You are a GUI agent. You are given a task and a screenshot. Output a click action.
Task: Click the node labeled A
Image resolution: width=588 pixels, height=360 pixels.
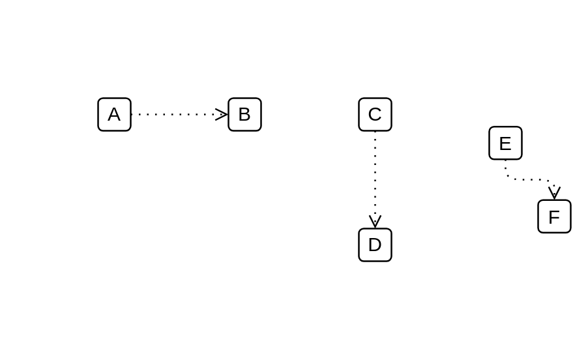pyautogui.click(x=114, y=114)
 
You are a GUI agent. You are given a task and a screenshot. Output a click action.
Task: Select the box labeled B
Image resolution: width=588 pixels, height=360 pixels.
pyautogui.click(x=244, y=114)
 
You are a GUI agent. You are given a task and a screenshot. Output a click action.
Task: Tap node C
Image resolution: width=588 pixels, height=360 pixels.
pyautogui.click(x=375, y=114)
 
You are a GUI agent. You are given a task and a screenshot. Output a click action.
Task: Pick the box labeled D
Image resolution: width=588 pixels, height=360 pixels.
pyautogui.click(x=375, y=245)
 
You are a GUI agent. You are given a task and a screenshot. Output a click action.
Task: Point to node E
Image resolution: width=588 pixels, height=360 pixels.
pyautogui.click(x=505, y=143)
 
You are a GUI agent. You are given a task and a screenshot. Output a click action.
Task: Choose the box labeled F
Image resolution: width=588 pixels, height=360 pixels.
pyautogui.click(x=554, y=217)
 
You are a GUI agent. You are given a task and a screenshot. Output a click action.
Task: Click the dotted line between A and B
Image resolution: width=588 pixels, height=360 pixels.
pyautogui.click(x=173, y=114)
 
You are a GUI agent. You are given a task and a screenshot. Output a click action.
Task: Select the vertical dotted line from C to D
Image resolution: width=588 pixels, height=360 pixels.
pyautogui.click(x=375, y=173)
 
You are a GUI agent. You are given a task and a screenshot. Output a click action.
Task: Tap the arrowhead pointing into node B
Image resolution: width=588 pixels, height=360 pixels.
pyautogui.click(x=223, y=114)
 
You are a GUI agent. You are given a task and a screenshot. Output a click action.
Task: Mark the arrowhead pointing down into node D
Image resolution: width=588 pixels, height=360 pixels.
pyautogui.click(x=375, y=222)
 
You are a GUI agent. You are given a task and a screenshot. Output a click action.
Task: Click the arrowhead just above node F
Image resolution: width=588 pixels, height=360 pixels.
pyautogui.click(x=554, y=194)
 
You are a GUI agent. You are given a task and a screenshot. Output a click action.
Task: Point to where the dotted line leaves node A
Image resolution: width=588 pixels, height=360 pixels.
pyautogui.click(x=132, y=114)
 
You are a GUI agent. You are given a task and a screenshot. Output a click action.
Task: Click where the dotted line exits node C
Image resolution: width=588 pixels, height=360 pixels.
pyautogui.click(x=375, y=132)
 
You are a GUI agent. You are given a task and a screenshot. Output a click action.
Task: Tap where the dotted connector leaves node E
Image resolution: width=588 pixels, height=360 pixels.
pyautogui.click(x=505, y=160)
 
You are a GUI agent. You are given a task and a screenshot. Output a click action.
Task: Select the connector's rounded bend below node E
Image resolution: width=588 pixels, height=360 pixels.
pyautogui.click(x=508, y=177)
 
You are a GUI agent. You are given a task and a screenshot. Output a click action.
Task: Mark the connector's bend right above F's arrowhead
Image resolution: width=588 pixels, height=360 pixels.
pyautogui.click(x=551, y=182)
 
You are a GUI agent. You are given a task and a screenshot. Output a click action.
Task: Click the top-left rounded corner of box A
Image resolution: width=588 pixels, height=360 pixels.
pyautogui.click(x=100, y=100)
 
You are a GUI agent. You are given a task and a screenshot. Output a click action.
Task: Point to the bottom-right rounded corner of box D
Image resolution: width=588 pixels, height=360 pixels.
pyautogui.click(x=389, y=259)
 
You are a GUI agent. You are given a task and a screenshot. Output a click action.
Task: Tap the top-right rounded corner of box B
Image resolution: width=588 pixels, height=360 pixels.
pyautogui.click(x=259, y=100)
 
